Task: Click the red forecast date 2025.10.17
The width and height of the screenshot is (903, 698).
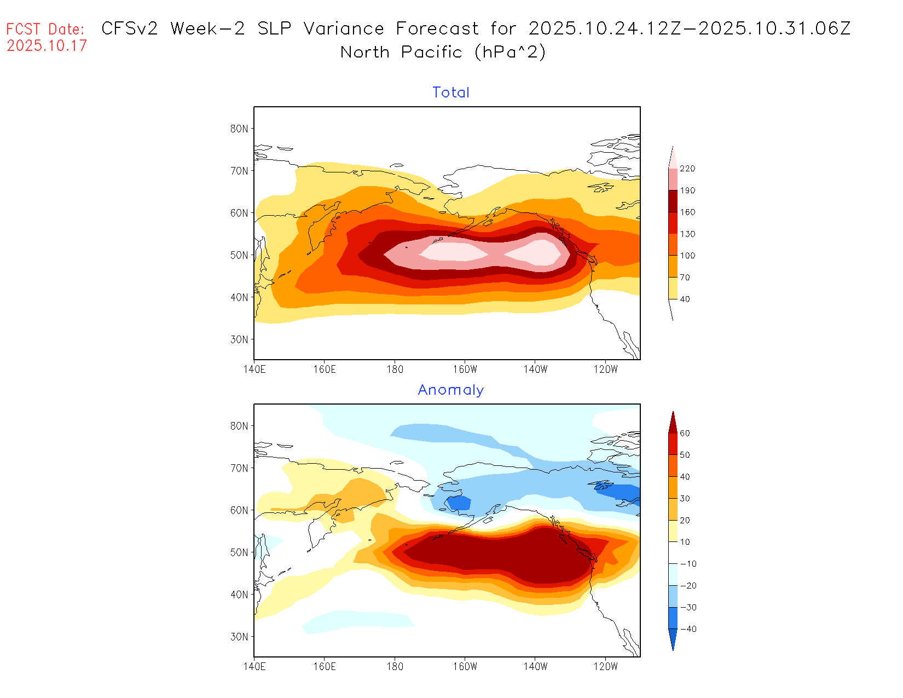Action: (47, 45)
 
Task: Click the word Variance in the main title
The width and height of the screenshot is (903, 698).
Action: (344, 28)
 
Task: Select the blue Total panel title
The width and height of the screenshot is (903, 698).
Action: (451, 93)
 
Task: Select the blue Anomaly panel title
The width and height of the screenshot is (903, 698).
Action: (451, 390)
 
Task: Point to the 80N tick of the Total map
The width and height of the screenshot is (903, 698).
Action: (239, 129)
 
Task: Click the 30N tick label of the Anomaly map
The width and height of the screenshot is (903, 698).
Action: (239, 637)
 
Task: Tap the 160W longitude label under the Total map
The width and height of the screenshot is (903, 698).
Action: (465, 370)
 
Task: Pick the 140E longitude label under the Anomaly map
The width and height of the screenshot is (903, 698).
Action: (254, 667)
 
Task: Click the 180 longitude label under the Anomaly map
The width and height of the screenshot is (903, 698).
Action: (395, 667)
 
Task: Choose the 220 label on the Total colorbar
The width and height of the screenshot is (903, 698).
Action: (687, 169)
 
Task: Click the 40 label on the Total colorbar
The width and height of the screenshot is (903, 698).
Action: (685, 299)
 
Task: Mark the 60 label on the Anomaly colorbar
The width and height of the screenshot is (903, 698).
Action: (685, 434)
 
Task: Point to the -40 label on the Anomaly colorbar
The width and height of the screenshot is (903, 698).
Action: (688, 629)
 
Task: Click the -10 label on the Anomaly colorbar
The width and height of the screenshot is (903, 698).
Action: (688, 564)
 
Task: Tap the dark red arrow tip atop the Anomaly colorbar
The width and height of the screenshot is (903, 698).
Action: (673, 420)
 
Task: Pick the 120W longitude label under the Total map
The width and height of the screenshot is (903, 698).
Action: (605, 370)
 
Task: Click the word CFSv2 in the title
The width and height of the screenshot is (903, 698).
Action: (130, 28)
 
